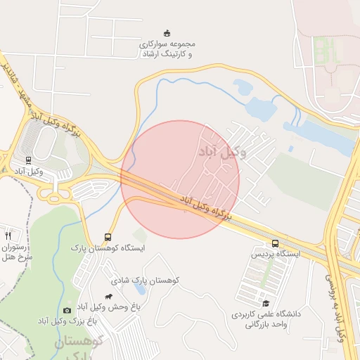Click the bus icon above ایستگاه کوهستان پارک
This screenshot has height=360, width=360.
(108, 237)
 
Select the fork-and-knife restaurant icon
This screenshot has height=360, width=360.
(8, 236)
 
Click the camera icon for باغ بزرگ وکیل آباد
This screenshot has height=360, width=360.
(67, 310)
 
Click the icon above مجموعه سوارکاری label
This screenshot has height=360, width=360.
(167, 32)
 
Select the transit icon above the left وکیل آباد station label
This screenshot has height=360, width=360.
(28, 160)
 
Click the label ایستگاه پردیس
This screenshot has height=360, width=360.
(277, 252)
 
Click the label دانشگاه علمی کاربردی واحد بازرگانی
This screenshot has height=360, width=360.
(268, 319)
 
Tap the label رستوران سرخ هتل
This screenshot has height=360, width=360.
(15, 252)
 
